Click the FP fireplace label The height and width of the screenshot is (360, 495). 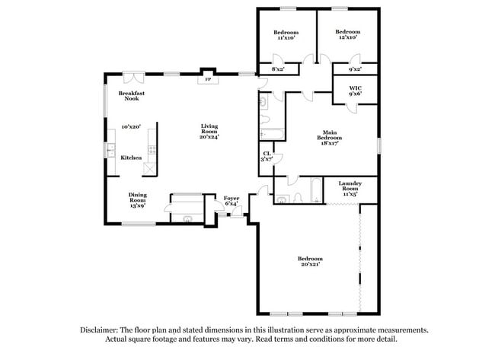pyautogui.click(x=207, y=79)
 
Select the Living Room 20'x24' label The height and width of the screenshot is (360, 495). pyautogui.click(x=209, y=131)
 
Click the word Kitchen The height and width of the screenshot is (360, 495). pyautogui.click(x=131, y=158)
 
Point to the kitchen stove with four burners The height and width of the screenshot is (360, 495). pyautogui.click(x=152, y=150)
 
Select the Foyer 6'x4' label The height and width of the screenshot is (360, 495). pyautogui.click(x=232, y=201)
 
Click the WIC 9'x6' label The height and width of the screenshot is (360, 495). pyautogui.click(x=355, y=91)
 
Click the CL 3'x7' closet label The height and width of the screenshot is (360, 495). pyautogui.click(x=267, y=156)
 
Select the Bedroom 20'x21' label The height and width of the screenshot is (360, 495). pyautogui.click(x=309, y=261)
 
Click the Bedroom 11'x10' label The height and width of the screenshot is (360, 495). pyautogui.click(x=286, y=35)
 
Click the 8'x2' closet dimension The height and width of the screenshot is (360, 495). pyautogui.click(x=279, y=69)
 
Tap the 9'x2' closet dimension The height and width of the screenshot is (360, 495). pyautogui.click(x=355, y=69)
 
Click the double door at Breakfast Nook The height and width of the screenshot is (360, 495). pyautogui.click(x=134, y=77)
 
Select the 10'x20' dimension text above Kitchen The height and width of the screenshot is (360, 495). pyautogui.click(x=131, y=127)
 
